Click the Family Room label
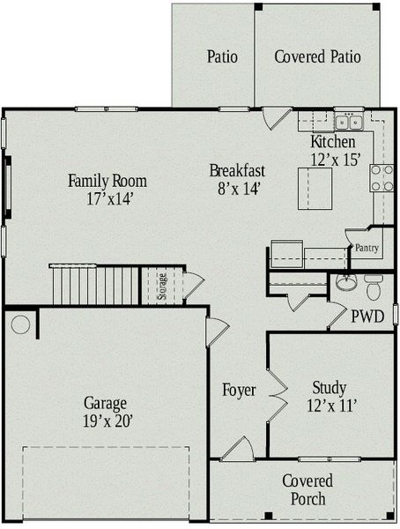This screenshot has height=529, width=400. pos(107,182)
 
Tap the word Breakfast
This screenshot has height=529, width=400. pos(237,170)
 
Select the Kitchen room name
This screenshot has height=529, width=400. pos(333,142)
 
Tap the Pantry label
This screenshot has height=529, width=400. pos(366,248)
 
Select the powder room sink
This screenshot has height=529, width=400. pos(344,286)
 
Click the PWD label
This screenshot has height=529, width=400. pos(367,317)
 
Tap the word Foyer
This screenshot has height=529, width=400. pos(239,390)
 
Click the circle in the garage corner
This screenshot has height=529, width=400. pos(20,324)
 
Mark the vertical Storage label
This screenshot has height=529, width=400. pos(162,287)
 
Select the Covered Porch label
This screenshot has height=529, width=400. pos(307,490)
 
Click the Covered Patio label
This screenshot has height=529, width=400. pos(317,57)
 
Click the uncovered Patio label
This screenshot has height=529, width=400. pos(223,57)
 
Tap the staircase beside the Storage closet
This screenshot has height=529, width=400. pos(94,285)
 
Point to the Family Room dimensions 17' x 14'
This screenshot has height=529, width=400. pos(107,199)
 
